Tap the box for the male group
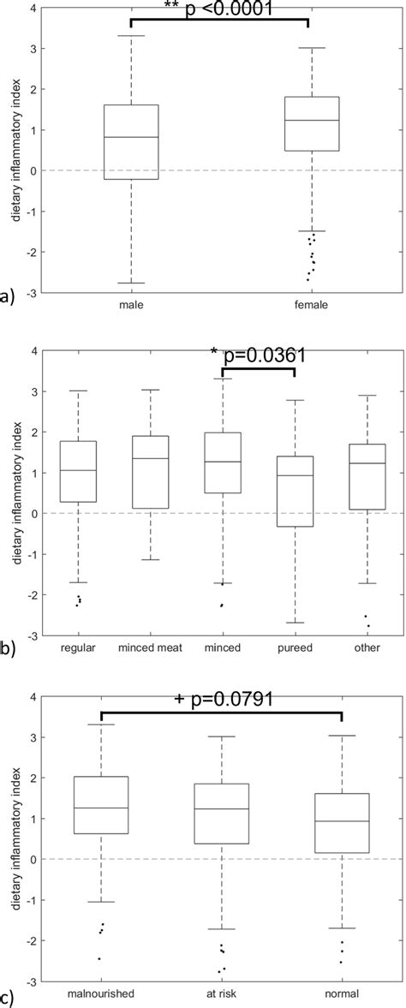pyautogui.click(x=131, y=141)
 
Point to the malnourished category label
pyautogui.click(x=101, y=995)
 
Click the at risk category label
pyautogui.click(x=222, y=995)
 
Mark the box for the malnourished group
pyautogui.click(x=101, y=805)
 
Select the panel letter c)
pyautogui.click(x=8, y=996)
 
